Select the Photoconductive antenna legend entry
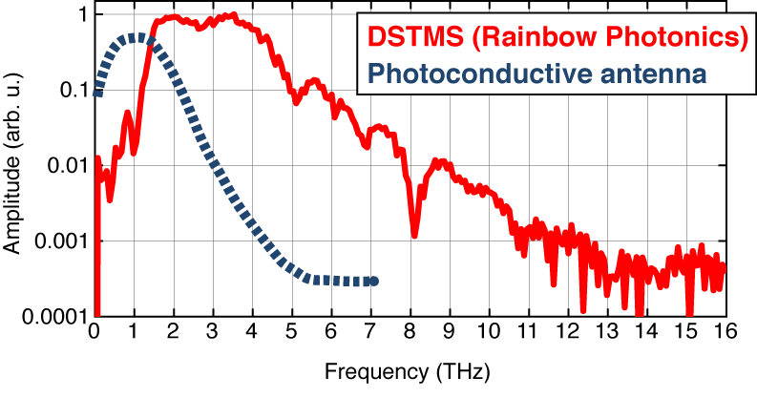tap(538, 72)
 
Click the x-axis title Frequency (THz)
tap(410, 367)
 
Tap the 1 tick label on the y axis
tap(82, 16)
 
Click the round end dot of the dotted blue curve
tap(374, 281)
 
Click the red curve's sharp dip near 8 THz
tap(414, 235)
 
